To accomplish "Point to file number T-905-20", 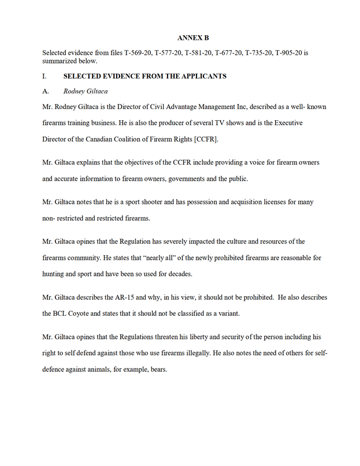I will [285, 53].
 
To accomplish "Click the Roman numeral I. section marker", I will [44, 76].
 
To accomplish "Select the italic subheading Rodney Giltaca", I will [86, 91].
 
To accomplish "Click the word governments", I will [194, 179].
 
